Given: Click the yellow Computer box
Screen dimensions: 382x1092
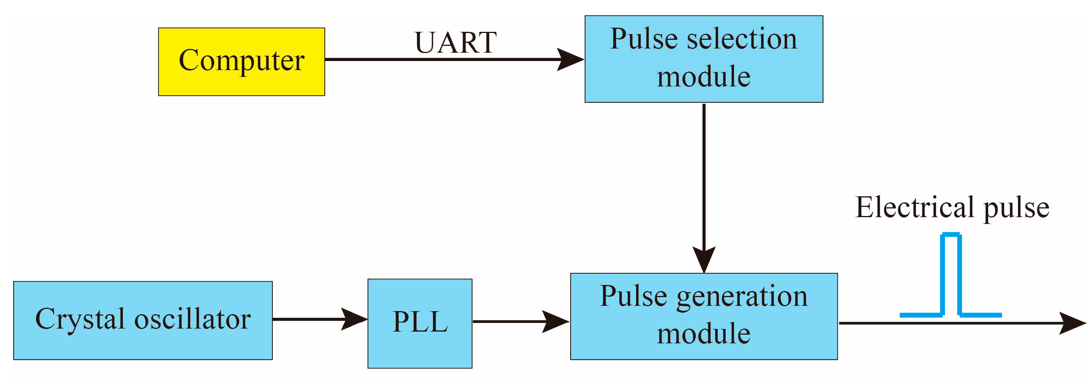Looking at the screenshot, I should (241, 62).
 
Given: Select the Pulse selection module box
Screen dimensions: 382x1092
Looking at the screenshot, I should (704, 59).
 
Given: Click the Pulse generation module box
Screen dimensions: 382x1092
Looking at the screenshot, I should (704, 316).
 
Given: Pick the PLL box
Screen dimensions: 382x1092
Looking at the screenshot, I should (420, 323).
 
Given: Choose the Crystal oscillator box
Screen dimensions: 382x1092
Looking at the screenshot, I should (143, 320).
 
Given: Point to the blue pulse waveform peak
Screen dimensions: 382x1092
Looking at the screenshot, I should (950, 235).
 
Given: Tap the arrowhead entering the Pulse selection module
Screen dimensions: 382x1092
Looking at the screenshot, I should (570, 59).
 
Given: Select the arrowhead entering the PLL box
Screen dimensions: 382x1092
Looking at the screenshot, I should (354, 319).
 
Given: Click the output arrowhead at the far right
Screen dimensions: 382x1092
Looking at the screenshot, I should (1073, 323).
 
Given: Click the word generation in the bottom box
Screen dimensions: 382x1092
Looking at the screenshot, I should (742, 296).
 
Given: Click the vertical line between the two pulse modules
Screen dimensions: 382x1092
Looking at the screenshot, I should (704, 178).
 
